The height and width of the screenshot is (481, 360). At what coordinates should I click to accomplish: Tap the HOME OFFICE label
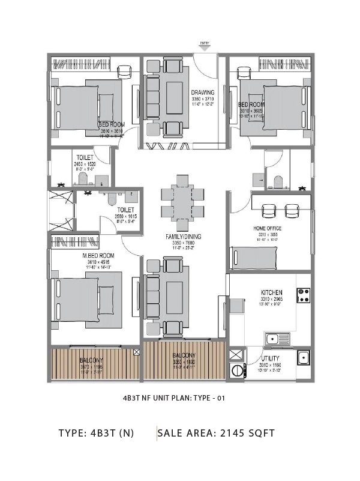pyautogui.click(x=268, y=228)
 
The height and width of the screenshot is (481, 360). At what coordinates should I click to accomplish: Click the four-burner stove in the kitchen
pyautogui.click(x=302, y=295)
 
